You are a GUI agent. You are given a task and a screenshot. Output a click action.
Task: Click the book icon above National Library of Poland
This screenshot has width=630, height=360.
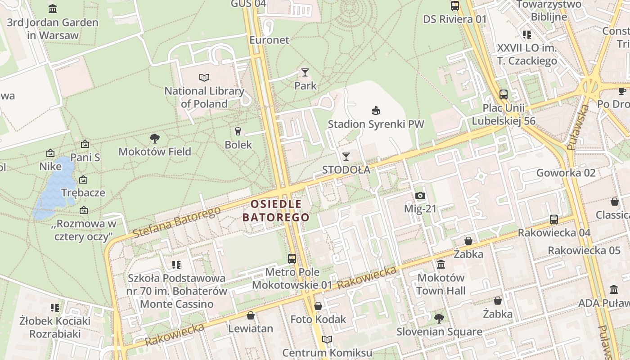[x=204, y=77]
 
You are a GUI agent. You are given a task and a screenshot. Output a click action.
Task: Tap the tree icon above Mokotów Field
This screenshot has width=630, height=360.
[x=155, y=138]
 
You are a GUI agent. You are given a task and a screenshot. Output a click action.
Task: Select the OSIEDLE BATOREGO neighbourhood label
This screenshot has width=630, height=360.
[x=276, y=211]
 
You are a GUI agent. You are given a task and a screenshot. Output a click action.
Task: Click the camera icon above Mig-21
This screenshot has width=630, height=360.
[x=420, y=195]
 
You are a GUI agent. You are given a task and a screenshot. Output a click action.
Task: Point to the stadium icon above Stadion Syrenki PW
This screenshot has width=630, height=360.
[x=375, y=110]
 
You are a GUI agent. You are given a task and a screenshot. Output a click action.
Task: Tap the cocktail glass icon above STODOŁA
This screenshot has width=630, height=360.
[x=346, y=156]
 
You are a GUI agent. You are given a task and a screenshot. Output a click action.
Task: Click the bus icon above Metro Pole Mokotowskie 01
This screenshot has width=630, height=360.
[x=292, y=258]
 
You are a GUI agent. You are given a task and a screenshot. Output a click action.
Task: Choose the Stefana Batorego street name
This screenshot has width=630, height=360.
[x=176, y=222]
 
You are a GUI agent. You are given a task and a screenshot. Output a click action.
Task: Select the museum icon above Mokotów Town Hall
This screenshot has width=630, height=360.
[x=441, y=264]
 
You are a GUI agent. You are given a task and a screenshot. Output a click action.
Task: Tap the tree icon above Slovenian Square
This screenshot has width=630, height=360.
[x=439, y=319]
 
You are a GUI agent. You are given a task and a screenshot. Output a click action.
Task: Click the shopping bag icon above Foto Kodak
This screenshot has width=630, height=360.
[x=318, y=306]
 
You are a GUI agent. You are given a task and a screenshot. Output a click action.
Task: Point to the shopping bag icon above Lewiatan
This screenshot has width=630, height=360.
[x=251, y=315]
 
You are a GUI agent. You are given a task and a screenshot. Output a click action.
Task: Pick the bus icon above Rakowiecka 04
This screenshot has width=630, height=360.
[x=554, y=219]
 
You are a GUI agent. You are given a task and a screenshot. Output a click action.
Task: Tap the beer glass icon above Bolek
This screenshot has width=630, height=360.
[x=238, y=131]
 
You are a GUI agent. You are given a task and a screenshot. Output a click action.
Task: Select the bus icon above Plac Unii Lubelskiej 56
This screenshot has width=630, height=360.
[x=504, y=94]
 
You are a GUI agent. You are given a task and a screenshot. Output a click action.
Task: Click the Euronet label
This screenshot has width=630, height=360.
[x=270, y=40]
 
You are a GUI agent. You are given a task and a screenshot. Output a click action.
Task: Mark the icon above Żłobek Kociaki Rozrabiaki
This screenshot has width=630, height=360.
[x=55, y=308]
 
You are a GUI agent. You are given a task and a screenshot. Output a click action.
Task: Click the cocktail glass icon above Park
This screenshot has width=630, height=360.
[x=305, y=72]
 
